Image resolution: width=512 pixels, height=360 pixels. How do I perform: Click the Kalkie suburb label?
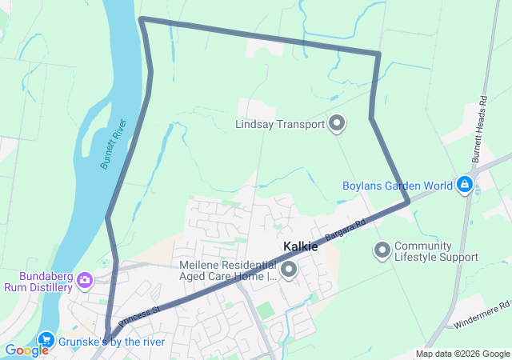[x=300, y=247]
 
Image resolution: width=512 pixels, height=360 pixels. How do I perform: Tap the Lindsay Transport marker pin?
[x=338, y=124]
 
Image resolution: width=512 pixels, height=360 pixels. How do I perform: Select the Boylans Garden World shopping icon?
[x=464, y=186]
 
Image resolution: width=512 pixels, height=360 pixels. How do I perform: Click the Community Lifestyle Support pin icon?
[x=382, y=250]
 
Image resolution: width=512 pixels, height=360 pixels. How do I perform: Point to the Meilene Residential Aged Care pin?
[x=287, y=270]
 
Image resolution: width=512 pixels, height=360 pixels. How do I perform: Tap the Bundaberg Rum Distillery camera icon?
[x=86, y=280]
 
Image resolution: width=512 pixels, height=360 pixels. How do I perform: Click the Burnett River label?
[x=114, y=144]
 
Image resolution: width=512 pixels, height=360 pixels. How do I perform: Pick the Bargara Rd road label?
[x=346, y=228]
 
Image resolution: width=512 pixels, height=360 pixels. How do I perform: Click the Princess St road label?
[x=139, y=314]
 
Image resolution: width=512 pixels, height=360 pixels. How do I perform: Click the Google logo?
[x=26, y=350]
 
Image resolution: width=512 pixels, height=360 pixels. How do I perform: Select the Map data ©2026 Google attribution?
[x=462, y=354]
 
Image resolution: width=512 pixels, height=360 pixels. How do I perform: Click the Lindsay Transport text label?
[x=280, y=124]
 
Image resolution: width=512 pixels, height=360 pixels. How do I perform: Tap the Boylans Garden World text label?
[x=398, y=186]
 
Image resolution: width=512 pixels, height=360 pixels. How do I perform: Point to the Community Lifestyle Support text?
[x=436, y=251]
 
